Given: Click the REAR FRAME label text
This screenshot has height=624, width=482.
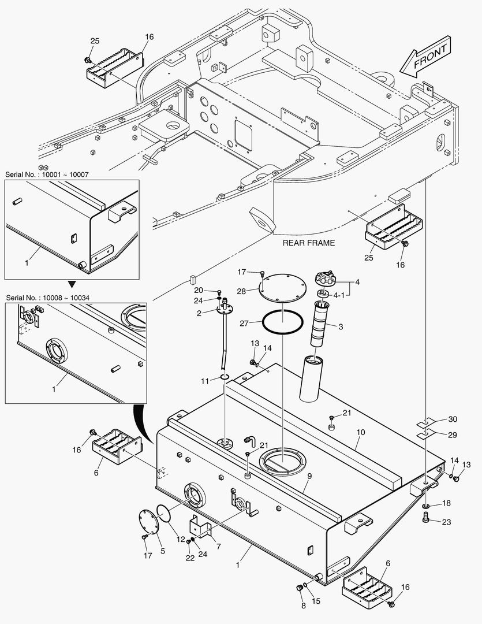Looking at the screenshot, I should pos(308,243).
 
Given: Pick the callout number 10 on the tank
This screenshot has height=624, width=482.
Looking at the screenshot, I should pos(360,432).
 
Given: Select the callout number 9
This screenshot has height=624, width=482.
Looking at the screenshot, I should pos(309,477).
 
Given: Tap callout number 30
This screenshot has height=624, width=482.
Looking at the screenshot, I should pos(452,419).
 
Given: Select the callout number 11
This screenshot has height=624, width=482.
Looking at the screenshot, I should pos(204,381).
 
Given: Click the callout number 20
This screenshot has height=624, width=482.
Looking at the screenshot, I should pos(198,290).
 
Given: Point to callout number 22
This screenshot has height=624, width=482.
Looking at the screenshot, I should pos(190,558).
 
